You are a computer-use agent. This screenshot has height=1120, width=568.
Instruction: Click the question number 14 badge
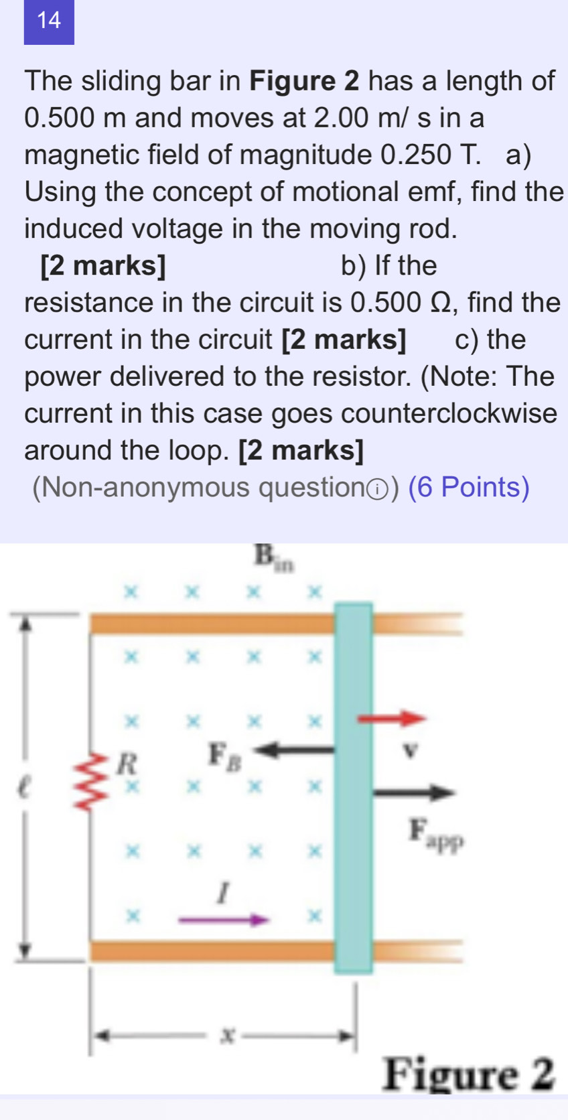pyautogui.click(x=49, y=21)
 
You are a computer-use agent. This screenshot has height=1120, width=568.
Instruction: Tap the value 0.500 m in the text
pyautogui.click(x=75, y=118)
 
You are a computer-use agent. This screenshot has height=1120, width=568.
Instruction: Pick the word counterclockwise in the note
pyautogui.click(x=449, y=413)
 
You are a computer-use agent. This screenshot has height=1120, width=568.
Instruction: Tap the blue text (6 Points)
pyautogui.click(x=469, y=487)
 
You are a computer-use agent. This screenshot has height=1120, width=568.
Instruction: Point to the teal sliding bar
pyautogui.click(x=354, y=787)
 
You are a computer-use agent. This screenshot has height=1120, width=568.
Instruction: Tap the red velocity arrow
pyautogui.click(x=392, y=719)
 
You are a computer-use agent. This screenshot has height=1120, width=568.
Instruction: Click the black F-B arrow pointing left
pyautogui.click(x=296, y=750)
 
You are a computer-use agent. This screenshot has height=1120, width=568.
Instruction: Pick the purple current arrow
pyautogui.click(x=223, y=920)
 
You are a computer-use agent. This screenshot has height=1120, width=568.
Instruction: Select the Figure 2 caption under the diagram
pyautogui.click(x=468, y=1074)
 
